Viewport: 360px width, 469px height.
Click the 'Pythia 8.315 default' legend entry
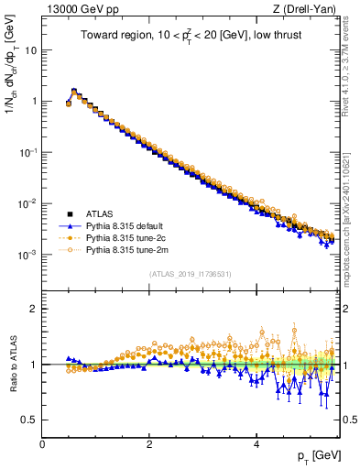(x=127, y=225)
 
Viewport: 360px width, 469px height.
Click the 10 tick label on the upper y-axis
(x=30, y=50)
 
